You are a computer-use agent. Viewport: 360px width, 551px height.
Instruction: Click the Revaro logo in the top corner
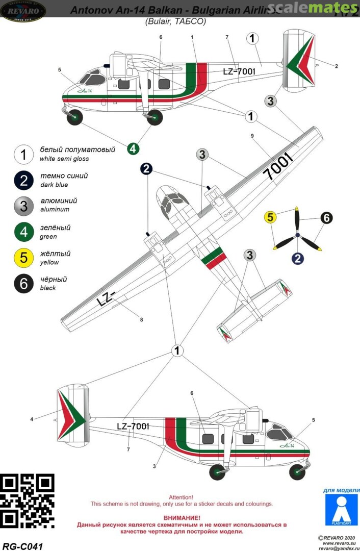(x=23, y=10)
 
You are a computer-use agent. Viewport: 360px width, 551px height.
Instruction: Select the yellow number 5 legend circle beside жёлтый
(x=23, y=257)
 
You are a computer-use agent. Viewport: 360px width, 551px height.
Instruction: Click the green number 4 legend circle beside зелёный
(x=23, y=232)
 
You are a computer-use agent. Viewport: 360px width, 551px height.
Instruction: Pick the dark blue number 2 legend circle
(x=23, y=180)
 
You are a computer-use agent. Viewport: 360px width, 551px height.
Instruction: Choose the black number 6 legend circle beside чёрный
(x=23, y=283)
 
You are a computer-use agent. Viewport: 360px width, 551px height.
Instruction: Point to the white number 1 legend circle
(x=23, y=154)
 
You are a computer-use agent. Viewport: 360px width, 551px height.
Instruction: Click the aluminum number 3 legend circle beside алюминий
(x=23, y=205)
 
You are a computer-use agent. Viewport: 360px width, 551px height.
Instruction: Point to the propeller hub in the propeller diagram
(x=298, y=236)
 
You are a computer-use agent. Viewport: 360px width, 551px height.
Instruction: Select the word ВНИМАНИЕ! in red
(x=181, y=517)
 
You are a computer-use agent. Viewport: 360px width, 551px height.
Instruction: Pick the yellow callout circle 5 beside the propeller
(x=270, y=217)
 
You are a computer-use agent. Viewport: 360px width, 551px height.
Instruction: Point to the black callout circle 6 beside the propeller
(x=326, y=218)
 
